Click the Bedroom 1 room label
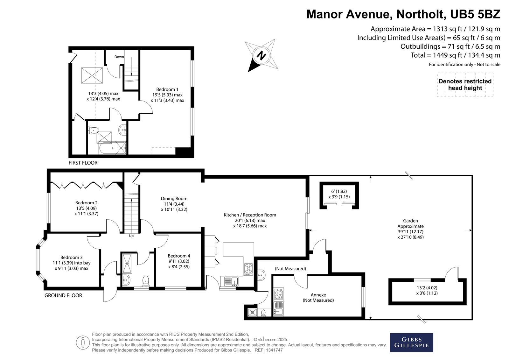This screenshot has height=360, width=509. tap(167, 89)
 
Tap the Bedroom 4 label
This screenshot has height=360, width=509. tap(179, 256)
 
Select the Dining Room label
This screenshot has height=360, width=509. tap(174, 199)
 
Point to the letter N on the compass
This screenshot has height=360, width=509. tap(261, 55)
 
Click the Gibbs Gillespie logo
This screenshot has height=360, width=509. tap(412, 342)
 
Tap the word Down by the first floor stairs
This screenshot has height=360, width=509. tap(119, 57)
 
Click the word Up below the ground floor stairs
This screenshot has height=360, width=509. tap(131, 236)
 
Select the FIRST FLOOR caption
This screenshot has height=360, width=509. tap(83, 163)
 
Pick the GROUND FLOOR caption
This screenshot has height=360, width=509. tap(63, 295)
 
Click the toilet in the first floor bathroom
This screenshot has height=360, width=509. tap(94, 130)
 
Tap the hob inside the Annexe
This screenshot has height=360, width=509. tap(279, 294)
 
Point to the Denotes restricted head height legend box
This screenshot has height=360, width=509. tap(465, 85)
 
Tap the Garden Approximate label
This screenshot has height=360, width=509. tap(411, 223)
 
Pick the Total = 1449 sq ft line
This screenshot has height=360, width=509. tap(455, 55)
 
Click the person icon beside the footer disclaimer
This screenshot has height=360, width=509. tap(83, 342)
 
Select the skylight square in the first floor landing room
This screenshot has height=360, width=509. tap(92, 75)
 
